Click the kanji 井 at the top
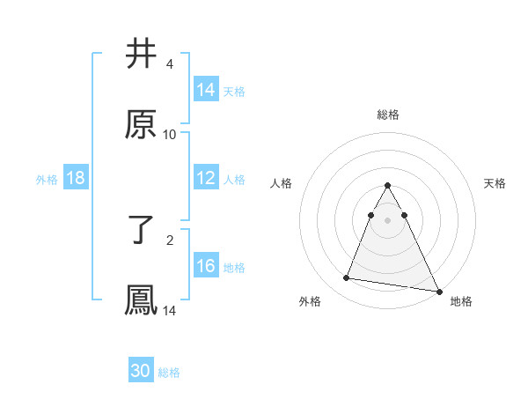point(142,55)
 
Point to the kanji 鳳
point(142,300)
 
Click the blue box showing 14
point(206,90)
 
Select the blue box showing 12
point(206,178)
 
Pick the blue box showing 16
point(206,266)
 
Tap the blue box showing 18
point(76,178)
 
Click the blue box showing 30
point(141,371)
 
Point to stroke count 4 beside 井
point(170,64)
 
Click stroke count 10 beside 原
point(170,135)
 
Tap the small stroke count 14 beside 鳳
point(170,311)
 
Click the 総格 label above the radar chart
point(388,115)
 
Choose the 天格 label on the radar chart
point(495,183)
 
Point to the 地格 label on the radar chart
point(461,301)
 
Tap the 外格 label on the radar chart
point(310,301)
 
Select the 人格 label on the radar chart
point(282,183)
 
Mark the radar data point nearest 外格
point(347,278)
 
